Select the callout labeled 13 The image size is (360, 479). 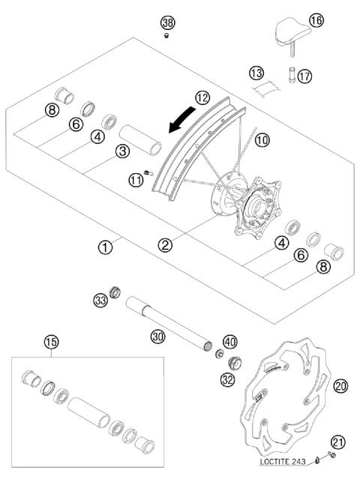(257, 73)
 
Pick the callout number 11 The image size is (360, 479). (135, 180)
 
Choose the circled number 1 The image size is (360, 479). (106, 245)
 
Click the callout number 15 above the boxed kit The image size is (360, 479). (51, 342)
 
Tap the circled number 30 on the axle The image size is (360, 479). (157, 337)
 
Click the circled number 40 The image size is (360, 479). (229, 341)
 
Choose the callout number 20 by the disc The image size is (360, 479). (340, 386)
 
